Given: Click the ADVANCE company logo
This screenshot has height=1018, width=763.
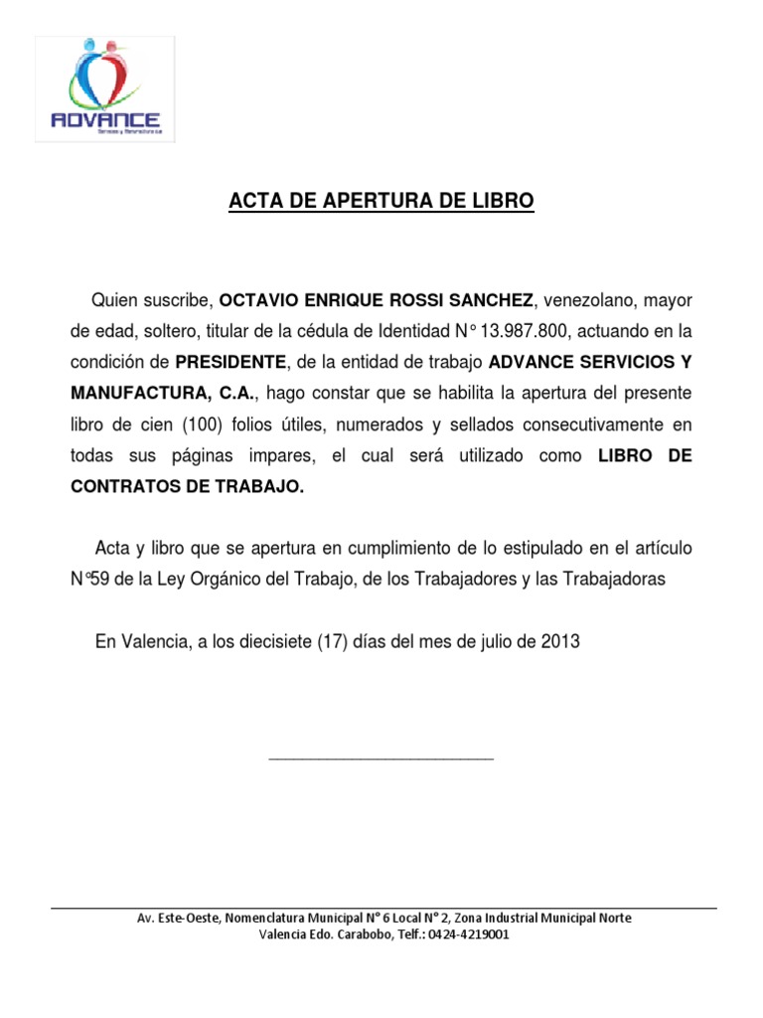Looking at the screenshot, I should point(104,89).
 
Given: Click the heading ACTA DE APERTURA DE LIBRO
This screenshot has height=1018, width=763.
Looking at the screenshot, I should point(381,202).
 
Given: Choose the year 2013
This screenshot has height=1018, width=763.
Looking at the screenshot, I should point(560,642).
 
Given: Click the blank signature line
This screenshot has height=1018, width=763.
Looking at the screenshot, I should point(381,760).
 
